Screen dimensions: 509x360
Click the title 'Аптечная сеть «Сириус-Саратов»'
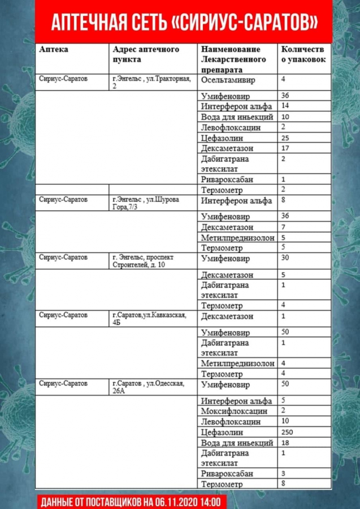tap(184, 22)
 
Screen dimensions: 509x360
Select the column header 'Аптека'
tap(54, 49)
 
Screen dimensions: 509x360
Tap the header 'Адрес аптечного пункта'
tap(145, 54)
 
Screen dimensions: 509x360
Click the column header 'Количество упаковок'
tap(303, 54)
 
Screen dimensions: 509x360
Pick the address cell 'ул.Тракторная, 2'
tap(153, 82)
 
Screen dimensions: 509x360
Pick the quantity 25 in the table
tap(285, 138)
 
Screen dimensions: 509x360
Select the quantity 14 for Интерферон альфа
tap(285, 106)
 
